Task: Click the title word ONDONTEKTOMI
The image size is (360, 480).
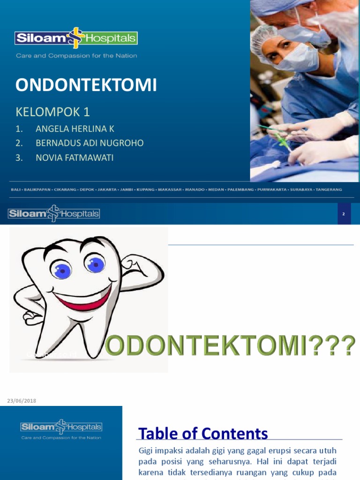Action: tap(86, 85)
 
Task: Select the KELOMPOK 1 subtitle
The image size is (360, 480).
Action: tap(52, 112)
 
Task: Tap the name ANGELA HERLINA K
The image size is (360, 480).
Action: tap(75, 129)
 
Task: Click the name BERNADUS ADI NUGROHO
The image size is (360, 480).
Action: tap(90, 143)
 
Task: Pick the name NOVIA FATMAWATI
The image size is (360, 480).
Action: tap(75, 158)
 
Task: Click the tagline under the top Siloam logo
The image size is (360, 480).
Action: tap(76, 56)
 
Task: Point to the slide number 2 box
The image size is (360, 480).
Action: tap(344, 214)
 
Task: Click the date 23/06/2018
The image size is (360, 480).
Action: tap(22, 401)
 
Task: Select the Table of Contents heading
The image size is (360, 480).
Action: tap(203, 433)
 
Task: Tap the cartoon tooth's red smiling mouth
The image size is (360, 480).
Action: tap(82, 299)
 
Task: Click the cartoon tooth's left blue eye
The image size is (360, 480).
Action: tap(61, 269)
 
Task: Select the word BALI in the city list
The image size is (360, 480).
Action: tap(16, 189)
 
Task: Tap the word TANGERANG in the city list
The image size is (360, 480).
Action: tap(329, 189)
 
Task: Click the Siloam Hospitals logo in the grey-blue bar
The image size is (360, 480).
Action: tap(54, 214)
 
